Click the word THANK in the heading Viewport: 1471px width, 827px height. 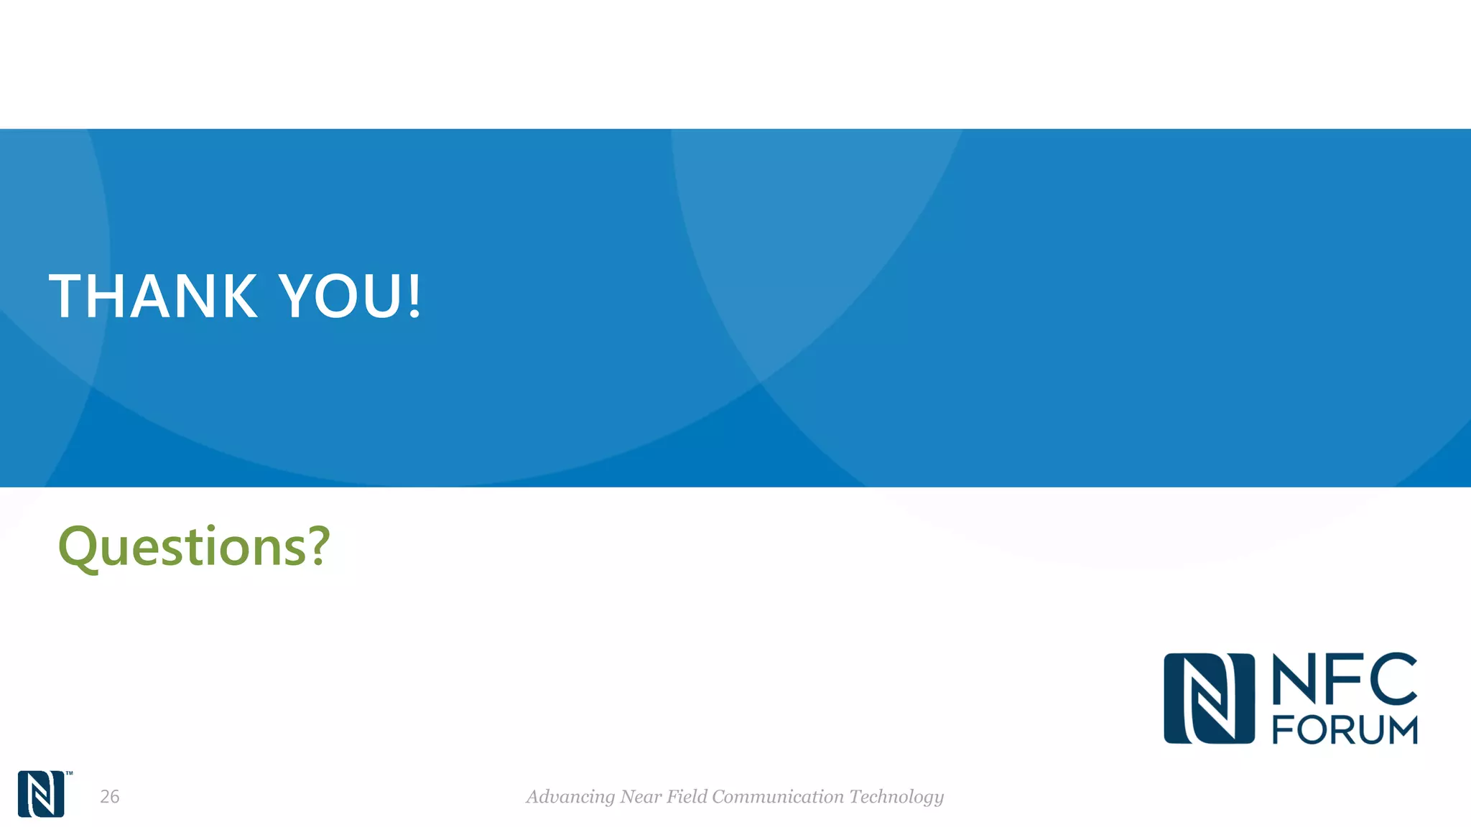pyautogui.click(x=153, y=296)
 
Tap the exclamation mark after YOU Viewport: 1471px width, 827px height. pyautogui.click(x=414, y=296)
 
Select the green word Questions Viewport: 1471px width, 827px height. pyautogui.click(x=180, y=547)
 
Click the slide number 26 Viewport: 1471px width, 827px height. pyautogui.click(x=110, y=796)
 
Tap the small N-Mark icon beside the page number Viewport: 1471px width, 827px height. pyautogui.click(x=41, y=794)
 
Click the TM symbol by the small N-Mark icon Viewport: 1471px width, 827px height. pyautogui.click(x=70, y=774)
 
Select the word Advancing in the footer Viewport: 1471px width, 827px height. pyautogui.click(x=570, y=797)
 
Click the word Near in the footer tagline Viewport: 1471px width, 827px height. pyautogui.click(x=641, y=796)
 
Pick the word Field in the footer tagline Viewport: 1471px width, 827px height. pyautogui.click(x=687, y=796)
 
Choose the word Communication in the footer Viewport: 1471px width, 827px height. pyautogui.click(x=778, y=796)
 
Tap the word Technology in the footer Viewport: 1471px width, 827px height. pyautogui.click(x=896, y=797)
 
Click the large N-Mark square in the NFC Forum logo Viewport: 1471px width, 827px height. pyautogui.click(x=1209, y=698)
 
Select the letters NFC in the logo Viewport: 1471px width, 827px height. pyautogui.click(x=1344, y=678)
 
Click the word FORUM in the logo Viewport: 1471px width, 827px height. pyautogui.click(x=1345, y=730)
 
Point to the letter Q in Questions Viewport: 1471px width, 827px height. pyautogui.click(x=77, y=548)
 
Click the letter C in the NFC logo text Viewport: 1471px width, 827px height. pyautogui.click(x=1393, y=678)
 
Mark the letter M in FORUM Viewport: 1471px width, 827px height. pyautogui.click(x=1401, y=730)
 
